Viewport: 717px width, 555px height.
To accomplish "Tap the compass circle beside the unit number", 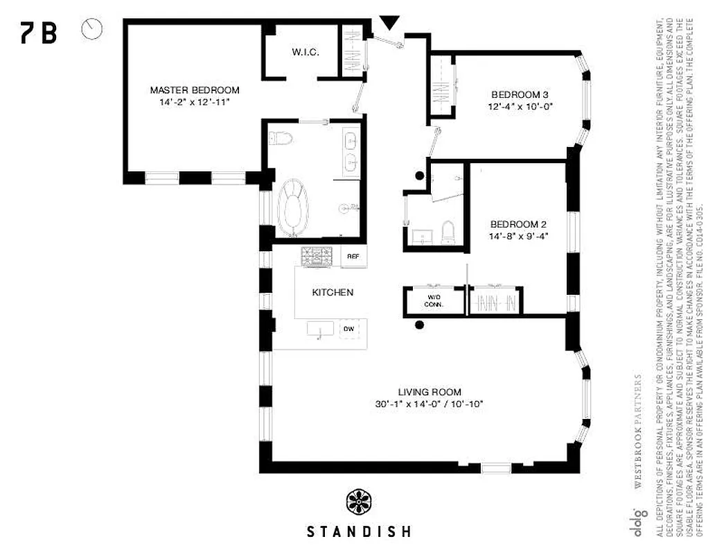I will (x=91, y=29).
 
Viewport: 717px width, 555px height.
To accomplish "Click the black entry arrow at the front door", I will (x=390, y=24).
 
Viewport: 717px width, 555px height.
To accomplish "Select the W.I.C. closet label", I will (x=305, y=53).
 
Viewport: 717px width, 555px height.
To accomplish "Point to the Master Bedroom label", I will (x=195, y=90).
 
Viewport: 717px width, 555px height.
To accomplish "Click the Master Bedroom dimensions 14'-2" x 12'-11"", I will (x=194, y=102).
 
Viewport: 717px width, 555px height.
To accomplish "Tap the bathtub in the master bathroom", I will (x=294, y=206).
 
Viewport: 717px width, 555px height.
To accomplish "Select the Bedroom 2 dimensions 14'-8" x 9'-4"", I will (x=519, y=236).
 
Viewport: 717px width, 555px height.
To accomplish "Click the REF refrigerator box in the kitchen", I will (x=353, y=257).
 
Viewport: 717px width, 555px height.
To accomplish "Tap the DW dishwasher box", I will (x=350, y=328).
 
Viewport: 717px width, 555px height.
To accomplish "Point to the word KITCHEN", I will (x=333, y=293).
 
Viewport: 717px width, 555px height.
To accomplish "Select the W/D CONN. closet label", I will (x=434, y=300).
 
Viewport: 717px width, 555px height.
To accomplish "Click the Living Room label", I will (x=430, y=392).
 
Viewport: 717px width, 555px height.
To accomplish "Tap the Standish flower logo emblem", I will (x=360, y=502).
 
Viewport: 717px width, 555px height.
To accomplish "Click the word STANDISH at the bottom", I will (x=359, y=532).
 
